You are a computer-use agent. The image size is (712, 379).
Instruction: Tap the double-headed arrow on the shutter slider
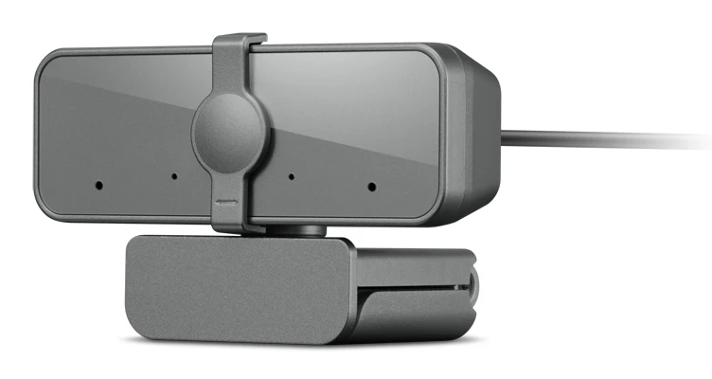pos(226,201)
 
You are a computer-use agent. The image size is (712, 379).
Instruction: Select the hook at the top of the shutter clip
pos(238,42)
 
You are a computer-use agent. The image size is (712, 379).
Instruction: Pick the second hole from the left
pos(173,176)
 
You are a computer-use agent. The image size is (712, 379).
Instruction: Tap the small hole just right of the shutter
pos(291,177)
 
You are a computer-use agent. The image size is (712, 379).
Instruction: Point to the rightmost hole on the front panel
pos(371,187)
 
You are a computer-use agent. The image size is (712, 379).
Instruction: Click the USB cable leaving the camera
pos(606,138)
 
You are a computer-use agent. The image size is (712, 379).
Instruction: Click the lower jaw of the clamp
pos(407,313)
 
